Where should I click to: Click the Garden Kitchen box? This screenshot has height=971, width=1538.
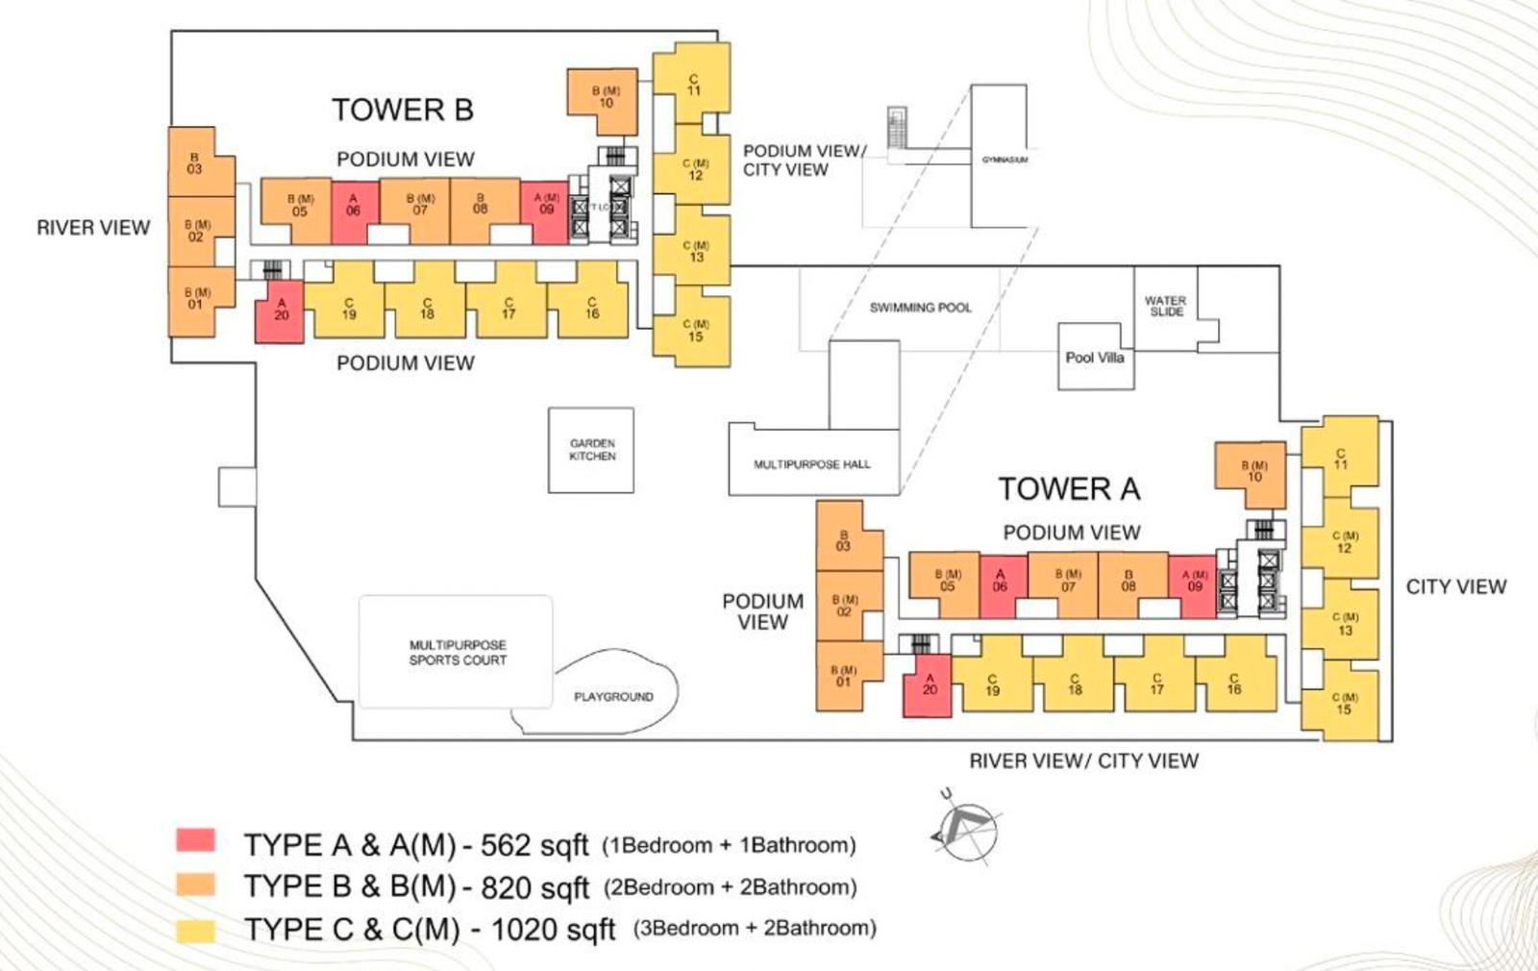click(591, 450)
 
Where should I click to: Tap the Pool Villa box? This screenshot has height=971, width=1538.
click(1095, 357)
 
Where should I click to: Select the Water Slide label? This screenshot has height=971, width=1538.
click(1165, 307)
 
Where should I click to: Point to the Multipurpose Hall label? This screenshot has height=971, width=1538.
click(812, 464)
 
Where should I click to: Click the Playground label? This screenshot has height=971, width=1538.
click(613, 696)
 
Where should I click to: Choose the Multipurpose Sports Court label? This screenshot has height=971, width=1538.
click(458, 653)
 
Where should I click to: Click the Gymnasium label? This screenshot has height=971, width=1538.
click(1005, 160)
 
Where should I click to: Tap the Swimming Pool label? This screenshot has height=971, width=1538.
click(920, 308)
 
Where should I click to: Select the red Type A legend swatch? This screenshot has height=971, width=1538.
click(195, 840)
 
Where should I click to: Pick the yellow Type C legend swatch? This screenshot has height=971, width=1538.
click(195, 930)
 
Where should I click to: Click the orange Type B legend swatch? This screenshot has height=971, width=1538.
click(195, 884)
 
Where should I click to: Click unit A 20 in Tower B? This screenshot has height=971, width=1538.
click(280, 311)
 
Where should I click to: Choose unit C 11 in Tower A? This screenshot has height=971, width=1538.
click(1340, 459)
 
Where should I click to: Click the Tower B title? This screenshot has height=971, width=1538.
click(403, 110)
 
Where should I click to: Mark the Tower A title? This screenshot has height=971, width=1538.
click(1069, 488)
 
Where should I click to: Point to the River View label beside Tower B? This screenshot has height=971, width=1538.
click(93, 228)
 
